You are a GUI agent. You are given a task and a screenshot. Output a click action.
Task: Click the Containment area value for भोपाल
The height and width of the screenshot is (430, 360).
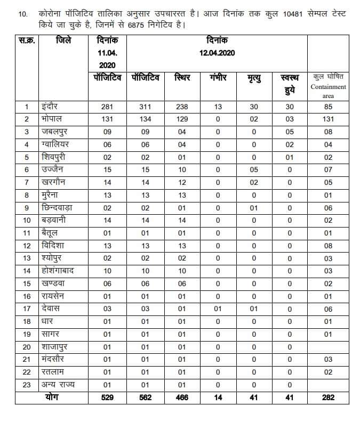point(328,119)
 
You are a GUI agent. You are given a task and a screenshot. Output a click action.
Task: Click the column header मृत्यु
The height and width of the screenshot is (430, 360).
point(254,78)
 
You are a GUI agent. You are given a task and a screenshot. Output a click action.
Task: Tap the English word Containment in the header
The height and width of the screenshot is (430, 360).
point(328,87)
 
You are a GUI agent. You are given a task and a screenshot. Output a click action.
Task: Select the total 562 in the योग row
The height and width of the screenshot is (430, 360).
point(145,397)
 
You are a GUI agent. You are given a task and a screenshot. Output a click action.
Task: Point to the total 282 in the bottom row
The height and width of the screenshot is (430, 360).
point(328,397)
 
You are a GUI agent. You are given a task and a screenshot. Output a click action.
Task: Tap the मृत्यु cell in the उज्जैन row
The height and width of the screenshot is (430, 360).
point(254,170)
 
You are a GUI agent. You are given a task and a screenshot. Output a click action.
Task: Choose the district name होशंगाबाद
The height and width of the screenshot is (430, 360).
point(57,271)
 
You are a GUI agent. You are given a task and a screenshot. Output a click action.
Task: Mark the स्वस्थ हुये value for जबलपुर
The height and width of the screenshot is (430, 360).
point(290,132)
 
